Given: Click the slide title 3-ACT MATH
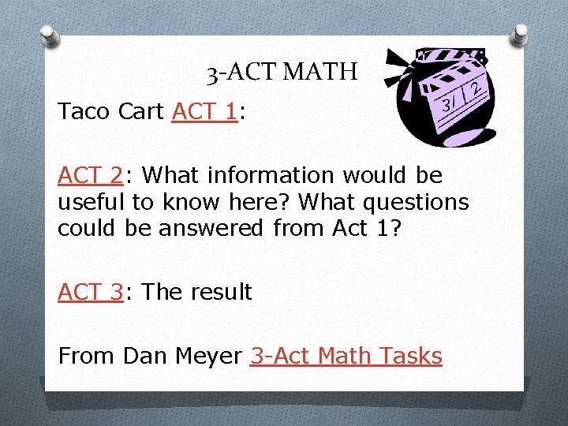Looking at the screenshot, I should click(x=282, y=73).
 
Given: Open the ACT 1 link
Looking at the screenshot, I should click(x=204, y=112).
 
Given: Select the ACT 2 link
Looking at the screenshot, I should click(x=90, y=174).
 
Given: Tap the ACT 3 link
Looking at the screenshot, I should click(x=90, y=292).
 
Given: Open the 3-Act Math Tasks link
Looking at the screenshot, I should click(x=346, y=356).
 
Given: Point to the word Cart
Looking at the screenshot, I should click(x=141, y=112).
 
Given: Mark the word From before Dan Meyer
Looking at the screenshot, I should click(x=87, y=356).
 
